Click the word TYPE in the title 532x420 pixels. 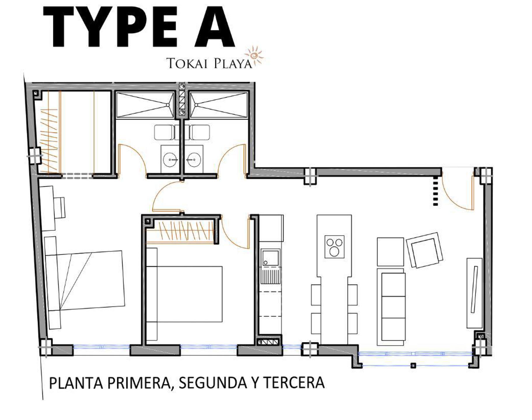tap(110, 27)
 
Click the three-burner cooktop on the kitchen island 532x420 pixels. tap(334, 246)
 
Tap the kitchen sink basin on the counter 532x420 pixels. tap(270, 258)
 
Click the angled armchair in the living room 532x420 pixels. tap(425, 250)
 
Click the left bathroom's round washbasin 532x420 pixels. tap(170, 160)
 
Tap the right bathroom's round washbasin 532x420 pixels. tap(192, 160)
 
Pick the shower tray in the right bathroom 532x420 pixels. tap(219, 105)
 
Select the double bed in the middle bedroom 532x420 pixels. tap(184, 294)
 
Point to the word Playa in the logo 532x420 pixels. tap(232, 63)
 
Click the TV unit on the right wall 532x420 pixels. tap(474, 293)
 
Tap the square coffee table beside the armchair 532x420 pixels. tap(390, 251)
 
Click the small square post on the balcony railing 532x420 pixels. tap(413, 365)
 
